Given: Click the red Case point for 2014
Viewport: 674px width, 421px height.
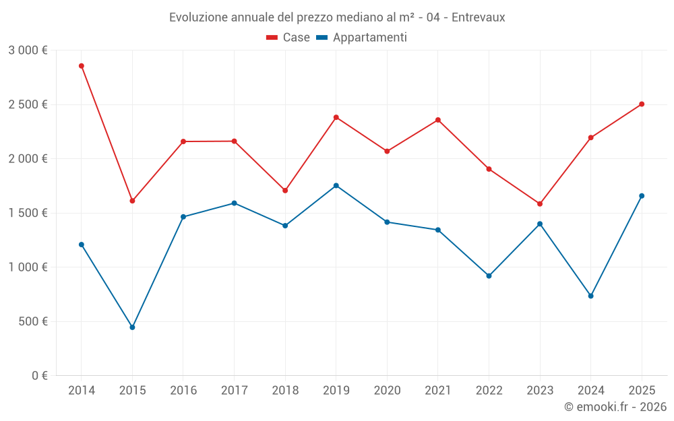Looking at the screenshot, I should [x=82, y=66].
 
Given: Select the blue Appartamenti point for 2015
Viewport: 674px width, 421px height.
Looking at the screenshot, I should [x=132, y=327].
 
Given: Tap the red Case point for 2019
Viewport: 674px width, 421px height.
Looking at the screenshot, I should [x=336, y=117].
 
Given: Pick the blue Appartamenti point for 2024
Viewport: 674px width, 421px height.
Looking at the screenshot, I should [x=591, y=296].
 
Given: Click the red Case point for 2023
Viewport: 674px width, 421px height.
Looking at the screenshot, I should [x=540, y=203].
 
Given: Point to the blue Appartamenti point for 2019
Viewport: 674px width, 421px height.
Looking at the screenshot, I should [x=336, y=185].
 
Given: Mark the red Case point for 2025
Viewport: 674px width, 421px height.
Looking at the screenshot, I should [x=642, y=104].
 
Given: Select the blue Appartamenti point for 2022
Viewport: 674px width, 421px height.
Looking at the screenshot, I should [x=489, y=276].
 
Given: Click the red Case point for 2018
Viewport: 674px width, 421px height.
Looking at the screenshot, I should [x=285, y=191].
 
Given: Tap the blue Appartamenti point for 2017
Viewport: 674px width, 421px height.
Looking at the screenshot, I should [x=234, y=203].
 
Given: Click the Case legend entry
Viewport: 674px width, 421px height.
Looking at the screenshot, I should [x=288, y=38].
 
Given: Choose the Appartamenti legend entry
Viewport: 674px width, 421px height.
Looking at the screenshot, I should [x=362, y=38].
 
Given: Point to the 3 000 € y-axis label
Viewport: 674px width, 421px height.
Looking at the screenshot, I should [x=28, y=51].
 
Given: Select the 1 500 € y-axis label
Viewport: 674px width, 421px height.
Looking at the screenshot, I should [x=28, y=213].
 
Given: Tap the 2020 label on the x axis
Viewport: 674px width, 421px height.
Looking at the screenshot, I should [x=387, y=391].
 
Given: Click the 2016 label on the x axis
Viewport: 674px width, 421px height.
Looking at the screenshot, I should [x=183, y=391].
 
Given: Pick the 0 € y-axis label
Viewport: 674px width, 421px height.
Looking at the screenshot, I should [x=39, y=376].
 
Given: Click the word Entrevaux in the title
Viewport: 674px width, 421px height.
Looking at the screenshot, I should [x=478, y=17].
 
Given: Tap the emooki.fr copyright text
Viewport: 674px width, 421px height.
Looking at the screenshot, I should [x=615, y=407].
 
